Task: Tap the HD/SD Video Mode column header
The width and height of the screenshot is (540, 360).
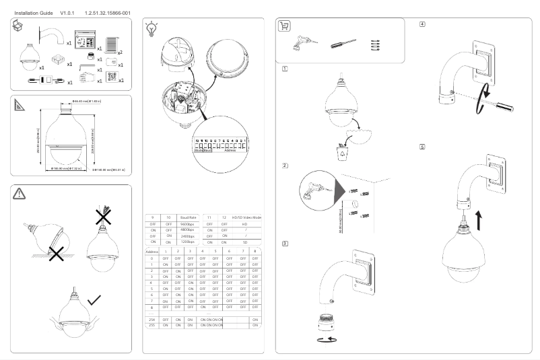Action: coord(246,217)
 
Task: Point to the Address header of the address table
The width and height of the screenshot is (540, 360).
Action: coord(153,250)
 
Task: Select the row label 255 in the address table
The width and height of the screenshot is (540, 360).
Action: coord(153,325)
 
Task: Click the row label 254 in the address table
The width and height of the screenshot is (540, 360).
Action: coord(153,319)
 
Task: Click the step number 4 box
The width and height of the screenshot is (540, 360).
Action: coord(422,24)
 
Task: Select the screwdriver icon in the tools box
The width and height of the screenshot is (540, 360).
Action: coord(339,45)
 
